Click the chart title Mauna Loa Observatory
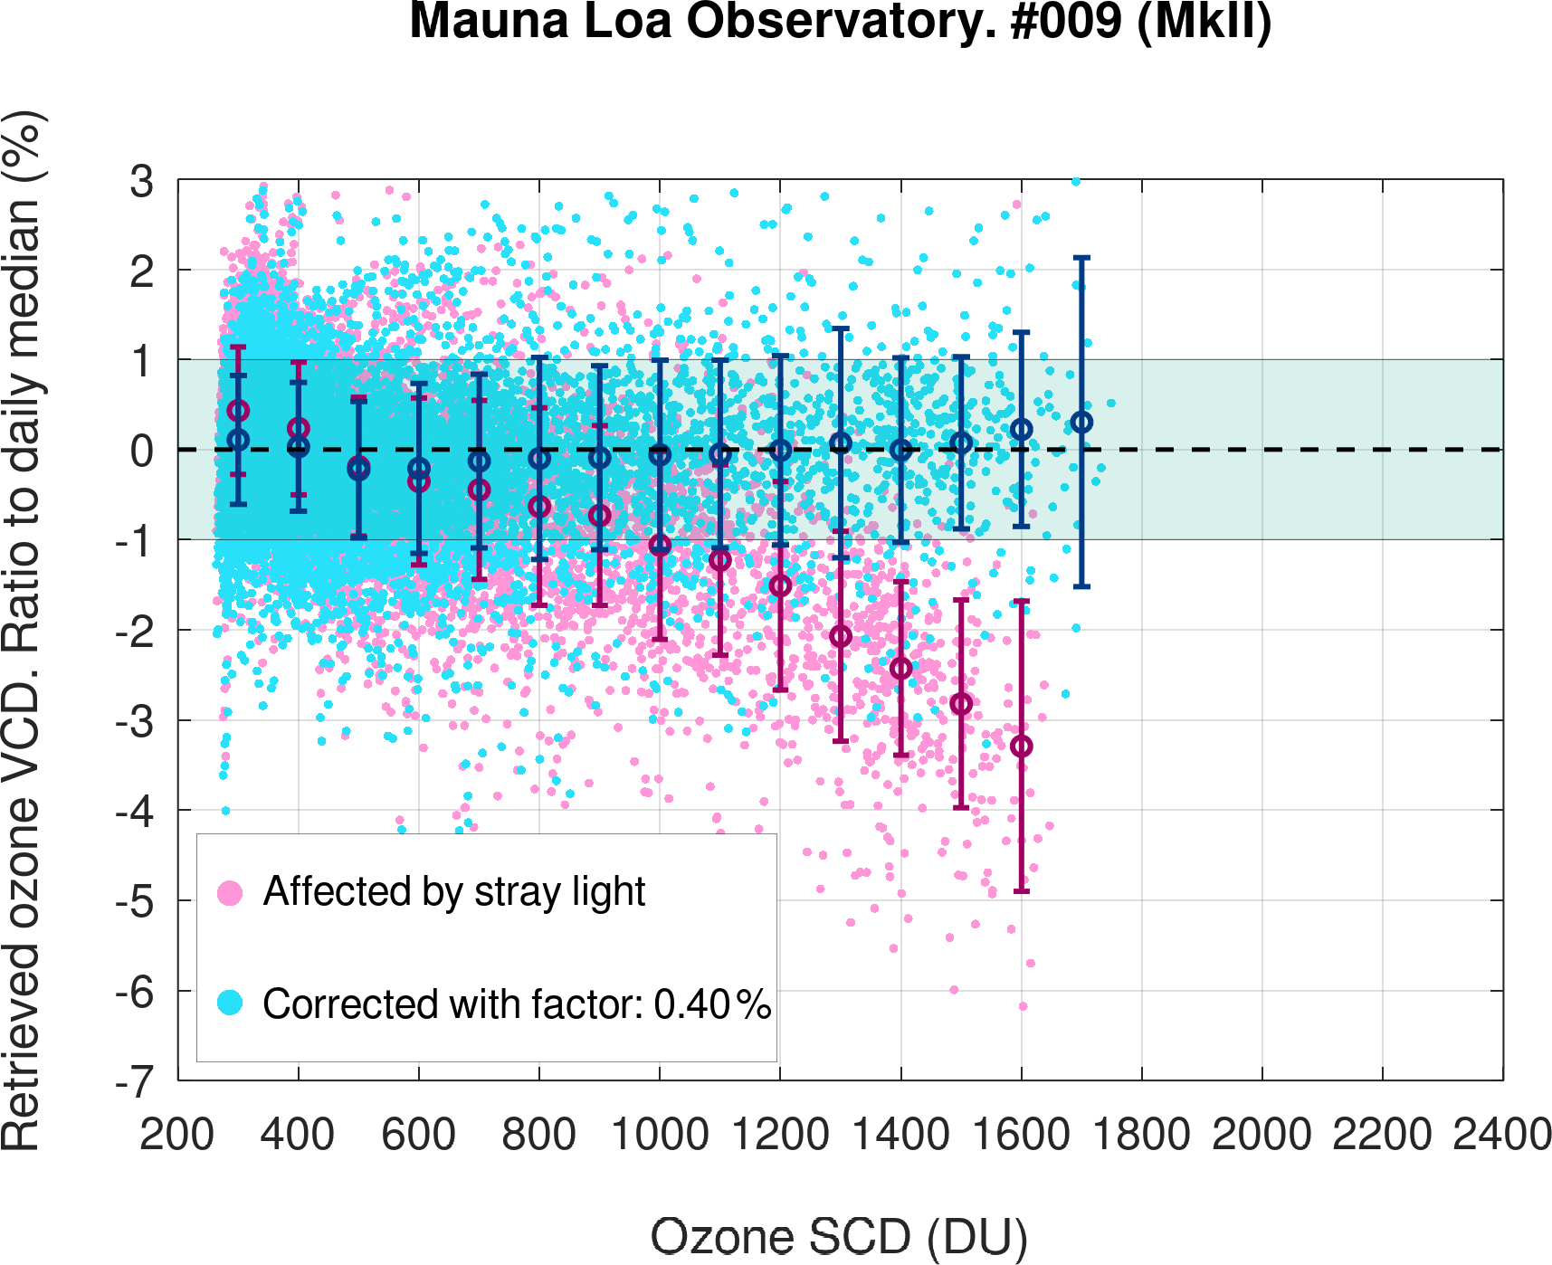(840, 22)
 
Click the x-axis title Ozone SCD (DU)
(839, 1236)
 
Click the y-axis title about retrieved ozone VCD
(22, 631)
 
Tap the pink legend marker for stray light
(230, 893)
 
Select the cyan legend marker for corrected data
(230, 1003)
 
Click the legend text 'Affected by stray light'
(454, 892)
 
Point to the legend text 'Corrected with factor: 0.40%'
(517, 1004)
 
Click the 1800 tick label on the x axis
(1141, 1135)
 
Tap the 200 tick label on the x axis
(177, 1135)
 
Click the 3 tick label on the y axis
(142, 181)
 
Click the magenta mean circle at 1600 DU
(1021, 747)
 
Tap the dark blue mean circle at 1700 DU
(1081, 423)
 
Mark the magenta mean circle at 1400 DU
(900, 669)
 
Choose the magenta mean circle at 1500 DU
(961, 704)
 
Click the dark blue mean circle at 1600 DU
(1021, 429)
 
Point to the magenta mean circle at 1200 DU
(780, 586)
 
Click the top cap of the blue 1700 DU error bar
(1081, 258)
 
